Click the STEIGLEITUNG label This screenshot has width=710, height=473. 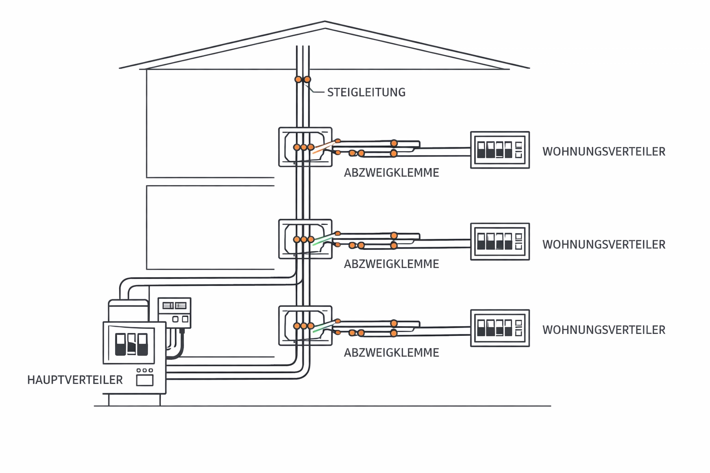tap(366, 92)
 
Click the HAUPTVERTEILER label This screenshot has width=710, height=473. tap(75, 380)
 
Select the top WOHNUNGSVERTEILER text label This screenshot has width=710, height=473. tap(604, 152)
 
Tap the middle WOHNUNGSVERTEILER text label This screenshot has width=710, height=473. tap(604, 244)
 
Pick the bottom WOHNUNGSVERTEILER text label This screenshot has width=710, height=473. tap(604, 330)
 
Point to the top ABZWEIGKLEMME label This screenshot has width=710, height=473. tap(391, 173)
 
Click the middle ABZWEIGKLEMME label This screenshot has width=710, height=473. tap(391, 264)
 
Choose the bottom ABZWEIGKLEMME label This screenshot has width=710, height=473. tap(391, 352)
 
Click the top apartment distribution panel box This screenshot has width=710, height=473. tap(500, 150)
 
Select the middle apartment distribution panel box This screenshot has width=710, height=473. tap(500, 242)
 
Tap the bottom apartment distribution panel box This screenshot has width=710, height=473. tap(500, 328)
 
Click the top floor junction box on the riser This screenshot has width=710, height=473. tap(305, 147)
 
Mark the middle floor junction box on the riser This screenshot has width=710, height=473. tap(305, 239)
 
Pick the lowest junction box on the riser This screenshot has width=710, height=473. tap(305, 325)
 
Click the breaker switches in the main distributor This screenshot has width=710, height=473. tap(131, 345)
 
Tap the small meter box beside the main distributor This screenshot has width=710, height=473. tap(174, 313)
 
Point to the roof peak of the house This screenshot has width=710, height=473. tap(325, 22)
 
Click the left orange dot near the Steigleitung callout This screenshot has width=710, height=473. tap(298, 79)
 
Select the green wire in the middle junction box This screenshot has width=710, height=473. tap(323, 238)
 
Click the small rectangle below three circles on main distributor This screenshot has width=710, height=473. tap(145, 380)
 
